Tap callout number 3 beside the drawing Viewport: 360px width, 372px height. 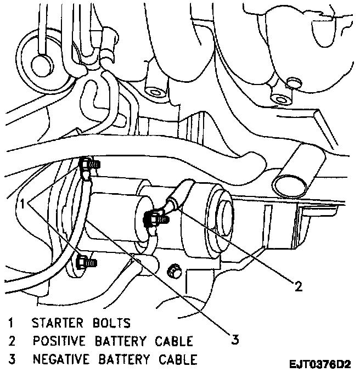(x=235, y=340)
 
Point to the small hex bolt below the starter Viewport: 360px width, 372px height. (x=175, y=270)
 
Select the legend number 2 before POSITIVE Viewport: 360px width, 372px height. (x=12, y=341)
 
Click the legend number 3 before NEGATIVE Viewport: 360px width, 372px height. (x=12, y=360)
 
